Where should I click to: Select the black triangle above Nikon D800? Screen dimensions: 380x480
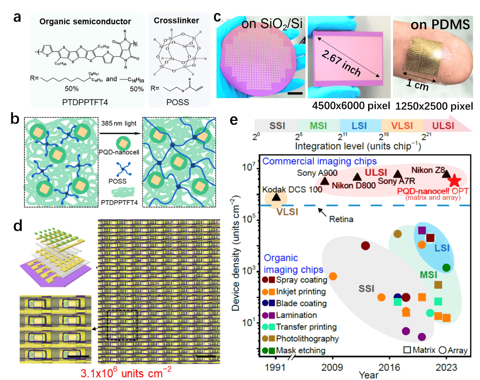pos(357,177)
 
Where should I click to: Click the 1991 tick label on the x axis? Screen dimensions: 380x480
pos(275,367)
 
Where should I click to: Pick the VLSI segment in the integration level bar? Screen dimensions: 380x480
pos(402,126)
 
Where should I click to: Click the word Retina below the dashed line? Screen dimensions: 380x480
pos(341,219)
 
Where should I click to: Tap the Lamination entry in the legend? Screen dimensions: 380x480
pos(296,315)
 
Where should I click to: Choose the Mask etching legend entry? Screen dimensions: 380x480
pos(300,351)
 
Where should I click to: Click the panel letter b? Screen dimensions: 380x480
pos(15,119)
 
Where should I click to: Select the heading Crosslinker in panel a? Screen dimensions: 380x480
pos(176,21)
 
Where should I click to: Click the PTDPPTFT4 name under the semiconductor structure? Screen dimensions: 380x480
pos(85,102)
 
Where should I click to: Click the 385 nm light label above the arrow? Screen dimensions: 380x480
pos(119,124)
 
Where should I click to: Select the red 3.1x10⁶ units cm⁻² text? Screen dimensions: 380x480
pos(126,372)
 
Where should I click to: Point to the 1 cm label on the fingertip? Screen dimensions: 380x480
pos(417,84)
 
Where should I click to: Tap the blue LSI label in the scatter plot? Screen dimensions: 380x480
pos(442,248)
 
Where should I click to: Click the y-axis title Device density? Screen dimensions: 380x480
pos(236,253)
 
